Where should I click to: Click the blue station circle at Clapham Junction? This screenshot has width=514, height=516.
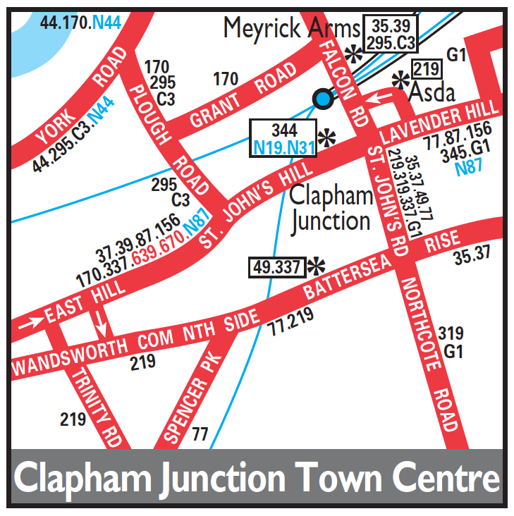(322, 99)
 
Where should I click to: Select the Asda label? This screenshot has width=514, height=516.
(432, 92)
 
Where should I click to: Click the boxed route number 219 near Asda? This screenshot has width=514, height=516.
(426, 69)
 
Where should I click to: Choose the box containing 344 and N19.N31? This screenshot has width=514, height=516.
(283, 137)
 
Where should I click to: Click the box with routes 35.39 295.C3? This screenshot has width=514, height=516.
(391, 34)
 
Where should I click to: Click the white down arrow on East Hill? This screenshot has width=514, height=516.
(101, 325)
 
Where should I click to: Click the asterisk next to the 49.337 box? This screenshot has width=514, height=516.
(316, 266)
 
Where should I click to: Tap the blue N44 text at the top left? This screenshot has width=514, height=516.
(107, 23)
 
